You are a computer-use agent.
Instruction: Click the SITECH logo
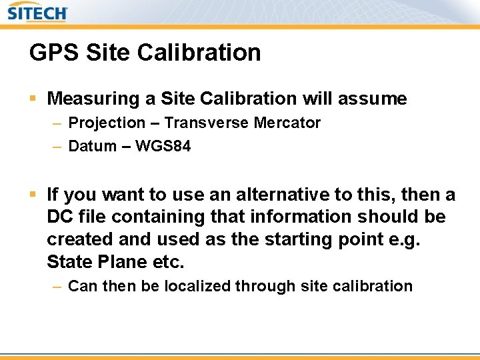coord(37,13)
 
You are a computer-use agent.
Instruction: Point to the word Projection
coord(107,123)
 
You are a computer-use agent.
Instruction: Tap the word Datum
coord(93,146)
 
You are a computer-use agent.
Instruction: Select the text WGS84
coord(163,146)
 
